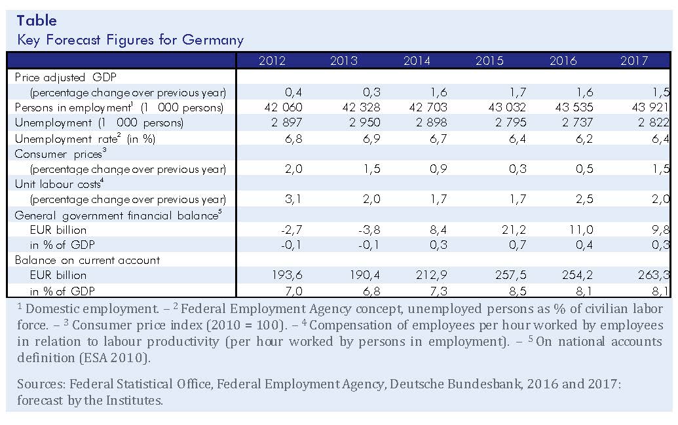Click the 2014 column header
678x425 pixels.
pyautogui.click(x=417, y=60)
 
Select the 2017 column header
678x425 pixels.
pyautogui.click(x=634, y=60)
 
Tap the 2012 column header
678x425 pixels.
pyautogui.click(x=272, y=60)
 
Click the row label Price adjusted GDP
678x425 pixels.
pyautogui.click(x=66, y=77)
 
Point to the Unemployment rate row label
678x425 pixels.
pyautogui.click(x=85, y=138)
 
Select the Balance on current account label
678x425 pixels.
pyautogui.click(x=87, y=260)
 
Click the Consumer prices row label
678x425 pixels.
pyautogui.click(x=60, y=153)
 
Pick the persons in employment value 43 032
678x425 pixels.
pyautogui.click(x=507, y=107)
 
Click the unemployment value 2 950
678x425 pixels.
pyautogui.click(x=364, y=122)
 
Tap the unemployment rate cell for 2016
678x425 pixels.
pyautogui.click(x=584, y=139)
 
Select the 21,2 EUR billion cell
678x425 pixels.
pyautogui.click(x=514, y=230)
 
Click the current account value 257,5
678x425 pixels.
pyautogui.click(x=510, y=275)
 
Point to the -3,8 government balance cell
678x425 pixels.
pyautogui.click(x=369, y=230)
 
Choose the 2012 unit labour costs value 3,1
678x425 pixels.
pyautogui.click(x=293, y=199)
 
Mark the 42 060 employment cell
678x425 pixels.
pyautogui.click(x=283, y=107)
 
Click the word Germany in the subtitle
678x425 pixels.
pyautogui.click(x=213, y=40)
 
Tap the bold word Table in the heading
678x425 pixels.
pyautogui.click(x=37, y=20)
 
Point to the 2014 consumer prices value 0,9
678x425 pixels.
pyautogui.click(x=438, y=168)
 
